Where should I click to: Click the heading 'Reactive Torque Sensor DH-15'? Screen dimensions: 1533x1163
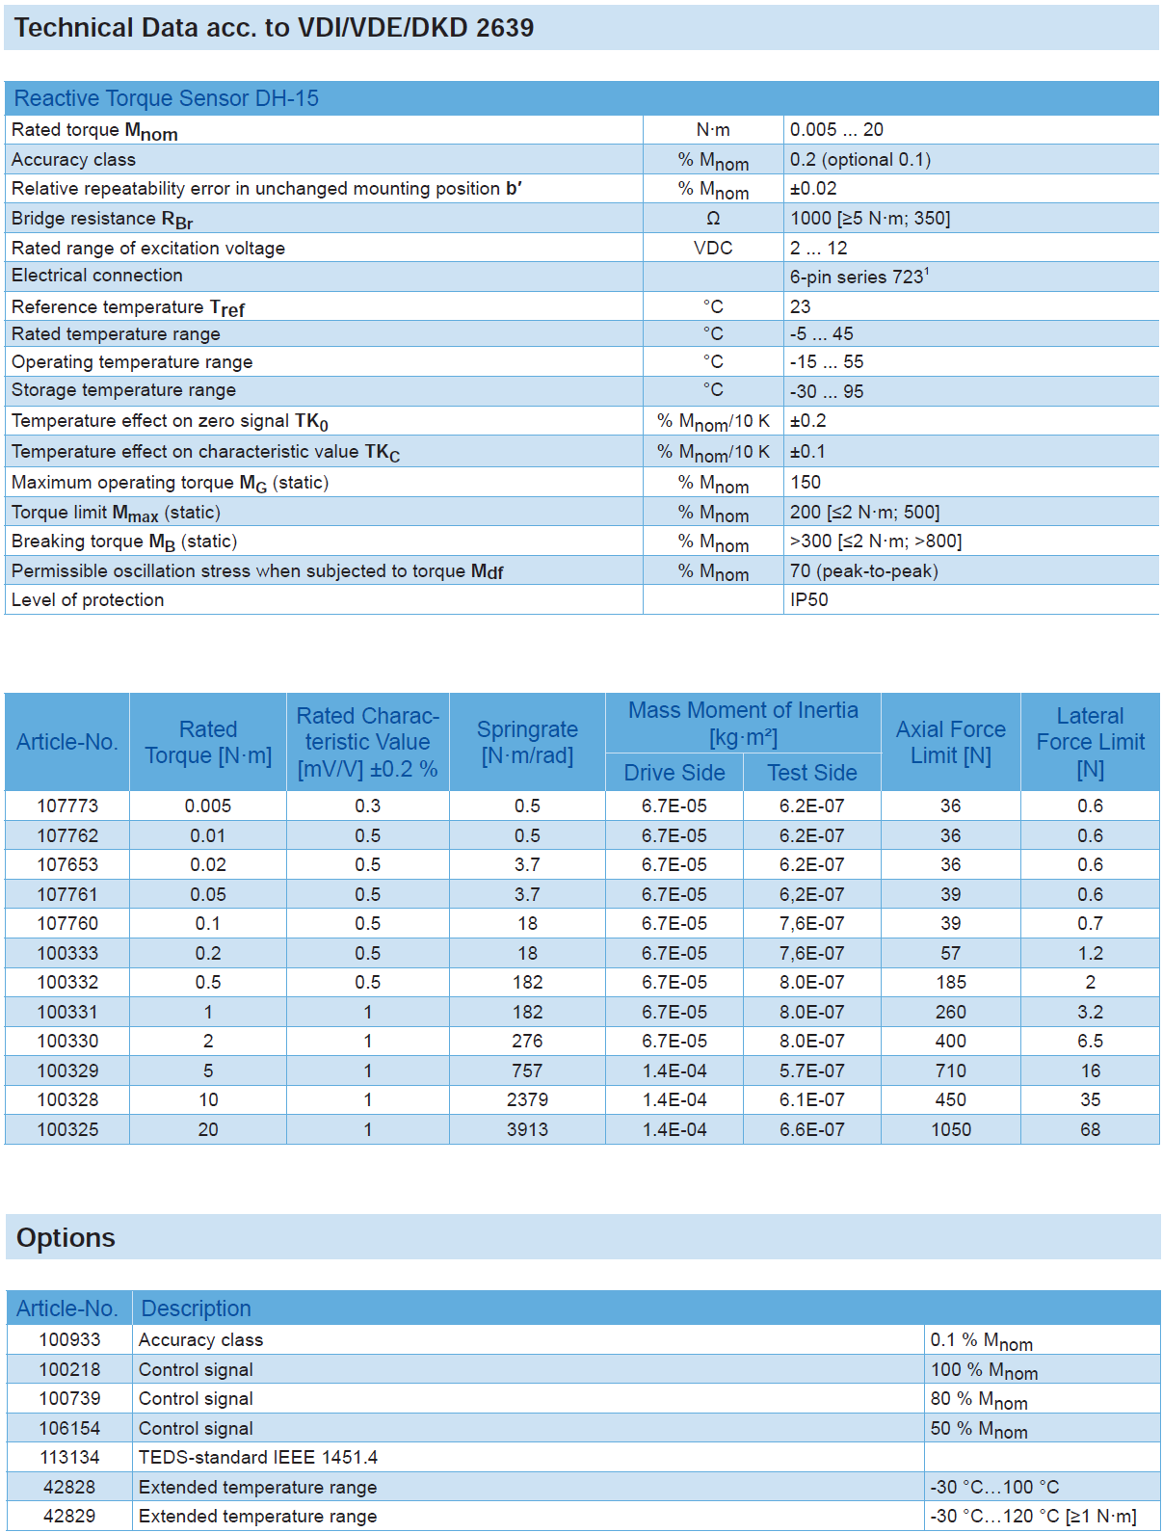coord(166,98)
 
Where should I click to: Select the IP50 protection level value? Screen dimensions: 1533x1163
coord(808,599)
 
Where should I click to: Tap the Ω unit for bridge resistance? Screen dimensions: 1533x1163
coord(713,219)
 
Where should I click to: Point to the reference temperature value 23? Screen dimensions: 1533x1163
coord(800,306)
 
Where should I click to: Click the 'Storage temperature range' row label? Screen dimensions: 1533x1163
coord(123,390)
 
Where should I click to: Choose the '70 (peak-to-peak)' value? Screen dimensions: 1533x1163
coord(863,570)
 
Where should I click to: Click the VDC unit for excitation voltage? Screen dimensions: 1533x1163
coord(713,248)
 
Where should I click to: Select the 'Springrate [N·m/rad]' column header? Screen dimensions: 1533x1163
coord(527,742)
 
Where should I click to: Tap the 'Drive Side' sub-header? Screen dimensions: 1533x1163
coord(674,773)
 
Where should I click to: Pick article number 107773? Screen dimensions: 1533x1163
coord(67,806)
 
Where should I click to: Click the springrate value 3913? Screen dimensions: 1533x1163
coord(527,1129)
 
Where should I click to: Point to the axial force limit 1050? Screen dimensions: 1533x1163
coord(950,1129)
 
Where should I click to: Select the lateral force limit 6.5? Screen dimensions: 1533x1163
coord(1090,1041)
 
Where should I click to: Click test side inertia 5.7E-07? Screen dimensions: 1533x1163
coord(811,1070)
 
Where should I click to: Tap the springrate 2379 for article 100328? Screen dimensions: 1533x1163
coord(527,1099)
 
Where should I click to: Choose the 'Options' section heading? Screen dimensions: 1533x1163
coord(66,1237)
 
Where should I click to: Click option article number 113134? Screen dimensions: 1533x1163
coord(69,1457)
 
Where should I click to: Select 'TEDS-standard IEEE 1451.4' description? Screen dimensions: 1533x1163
coord(258,1457)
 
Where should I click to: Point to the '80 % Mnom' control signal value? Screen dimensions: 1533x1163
coord(978,1399)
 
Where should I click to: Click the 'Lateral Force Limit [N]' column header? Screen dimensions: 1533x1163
coord(1090,742)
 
